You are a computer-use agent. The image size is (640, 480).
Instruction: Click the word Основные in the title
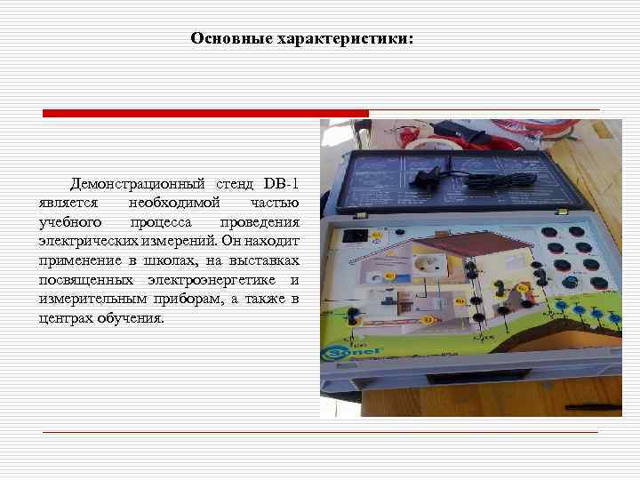(220, 39)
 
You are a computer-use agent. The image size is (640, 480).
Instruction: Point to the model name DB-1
(281, 184)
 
